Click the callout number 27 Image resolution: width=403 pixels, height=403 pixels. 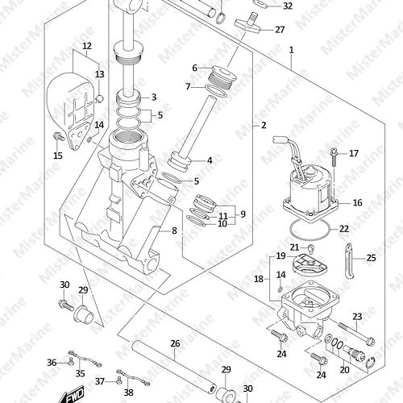click(280, 30)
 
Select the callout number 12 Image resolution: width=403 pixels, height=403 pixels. click(87, 46)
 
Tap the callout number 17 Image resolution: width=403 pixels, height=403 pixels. click(354, 153)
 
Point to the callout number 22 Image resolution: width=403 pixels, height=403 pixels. click(344, 229)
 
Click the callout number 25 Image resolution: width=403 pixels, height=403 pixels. click(371, 258)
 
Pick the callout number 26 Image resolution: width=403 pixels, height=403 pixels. click(175, 343)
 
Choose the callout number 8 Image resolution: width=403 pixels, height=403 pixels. click(174, 231)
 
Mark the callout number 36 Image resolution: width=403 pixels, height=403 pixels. click(52, 363)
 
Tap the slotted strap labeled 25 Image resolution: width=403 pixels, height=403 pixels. click(349, 260)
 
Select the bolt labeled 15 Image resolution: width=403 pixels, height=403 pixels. click(59, 136)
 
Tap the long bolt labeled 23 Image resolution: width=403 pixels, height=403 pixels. click(356, 334)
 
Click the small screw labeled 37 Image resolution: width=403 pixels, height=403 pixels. click(119, 380)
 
